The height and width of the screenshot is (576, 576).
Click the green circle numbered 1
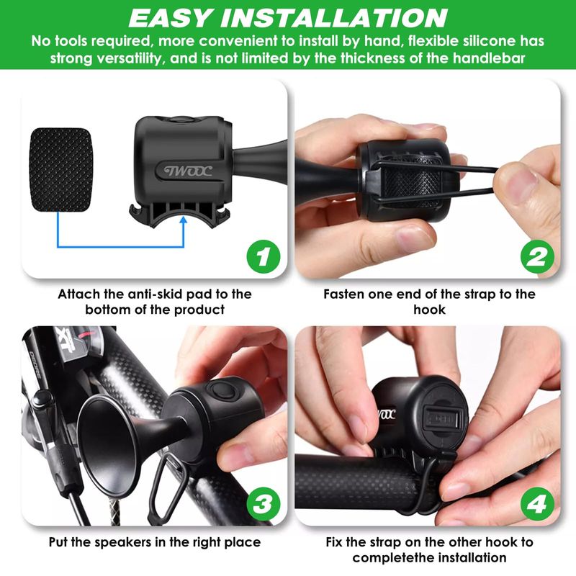tap(263, 256)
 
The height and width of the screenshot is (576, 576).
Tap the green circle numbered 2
tap(537, 256)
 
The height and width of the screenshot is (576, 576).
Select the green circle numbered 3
tap(263, 504)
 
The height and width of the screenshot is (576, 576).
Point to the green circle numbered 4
tap(537, 504)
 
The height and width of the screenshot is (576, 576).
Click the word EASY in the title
tap(171, 18)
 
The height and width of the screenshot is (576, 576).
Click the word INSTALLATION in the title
tap(334, 18)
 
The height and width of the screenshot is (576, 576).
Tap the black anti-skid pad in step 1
tap(61, 170)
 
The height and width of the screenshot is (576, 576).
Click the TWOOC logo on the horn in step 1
tap(188, 171)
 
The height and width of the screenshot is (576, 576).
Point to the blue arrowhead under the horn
tap(184, 220)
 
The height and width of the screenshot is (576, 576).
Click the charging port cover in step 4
tap(442, 418)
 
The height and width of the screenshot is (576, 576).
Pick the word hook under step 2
tap(429, 310)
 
